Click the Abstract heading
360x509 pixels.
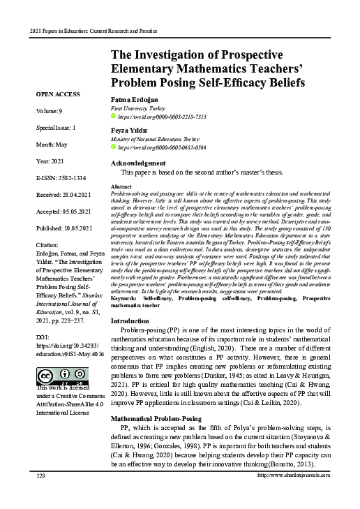point(122,188)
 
